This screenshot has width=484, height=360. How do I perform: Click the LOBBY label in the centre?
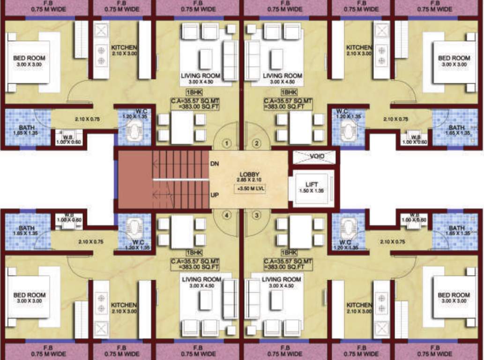click(x=249, y=175)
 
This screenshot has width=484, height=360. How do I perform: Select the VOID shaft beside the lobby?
click(x=314, y=157)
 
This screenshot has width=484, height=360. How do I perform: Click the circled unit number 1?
click(x=227, y=143)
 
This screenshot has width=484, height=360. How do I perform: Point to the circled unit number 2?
click(x=256, y=143)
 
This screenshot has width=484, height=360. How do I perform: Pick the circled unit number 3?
click(x=256, y=216)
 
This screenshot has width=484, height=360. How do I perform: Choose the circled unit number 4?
click(x=227, y=216)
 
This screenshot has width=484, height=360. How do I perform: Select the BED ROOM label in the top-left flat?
click(x=30, y=58)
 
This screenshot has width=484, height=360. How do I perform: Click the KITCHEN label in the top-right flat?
click(x=359, y=47)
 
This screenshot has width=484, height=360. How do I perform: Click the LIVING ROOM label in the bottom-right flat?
click(x=282, y=279)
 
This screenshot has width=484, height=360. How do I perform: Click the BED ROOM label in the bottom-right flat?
click(x=454, y=295)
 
